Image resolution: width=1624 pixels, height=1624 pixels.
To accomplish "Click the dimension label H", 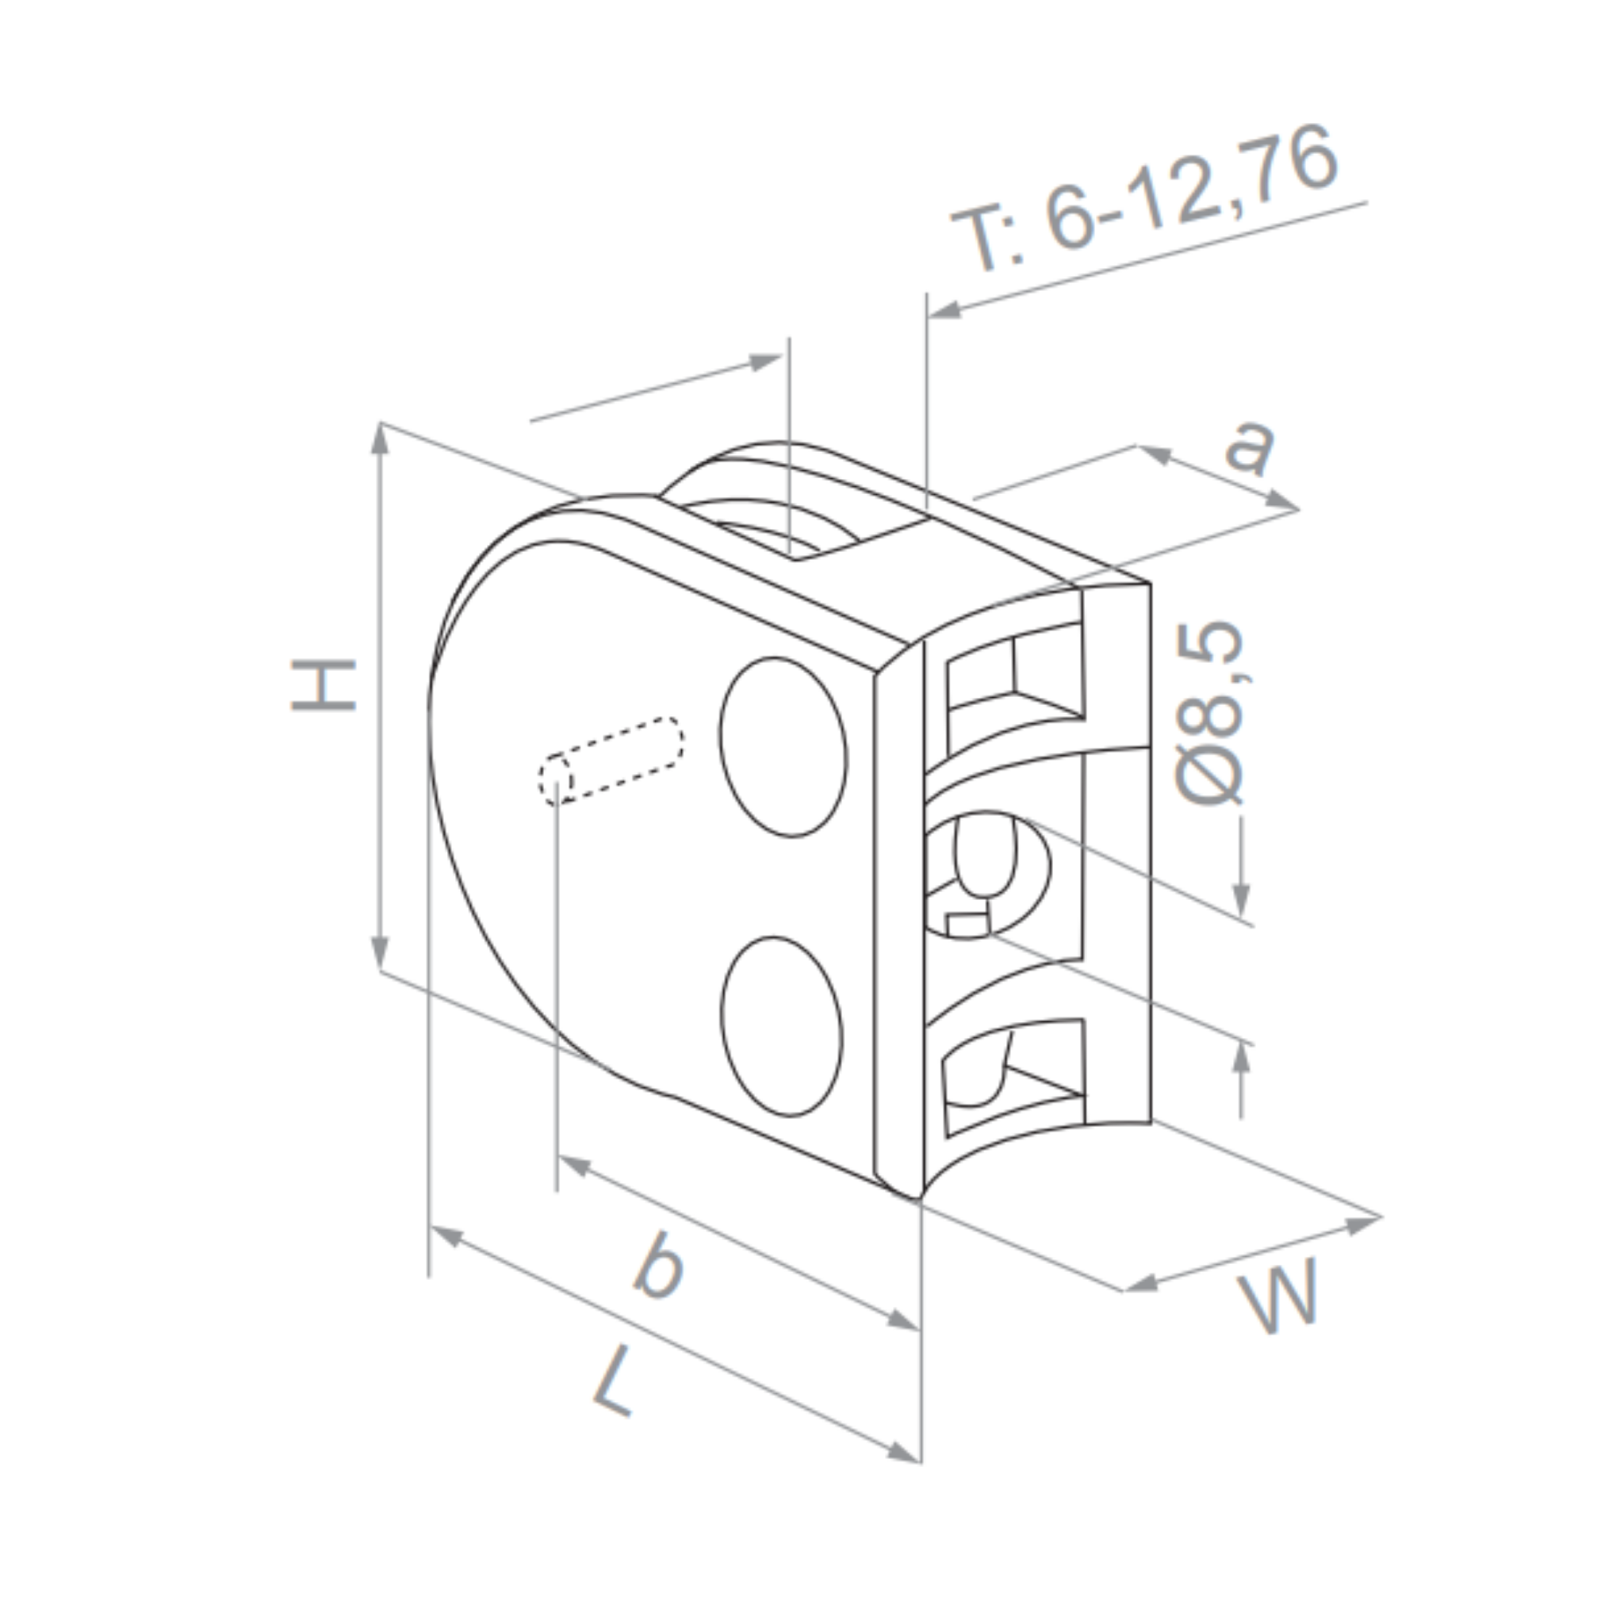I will (x=323, y=685).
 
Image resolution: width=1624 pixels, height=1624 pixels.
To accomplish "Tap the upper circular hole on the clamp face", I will (x=783, y=746).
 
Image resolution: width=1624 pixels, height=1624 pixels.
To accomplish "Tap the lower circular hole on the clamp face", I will (x=781, y=1026).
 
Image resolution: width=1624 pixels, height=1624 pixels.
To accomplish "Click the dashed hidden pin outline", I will (x=611, y=760).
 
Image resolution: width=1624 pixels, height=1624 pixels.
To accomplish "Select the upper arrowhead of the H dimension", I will (x=380, y=438).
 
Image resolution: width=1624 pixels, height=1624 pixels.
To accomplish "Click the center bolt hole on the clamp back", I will (x=985, y=874).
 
